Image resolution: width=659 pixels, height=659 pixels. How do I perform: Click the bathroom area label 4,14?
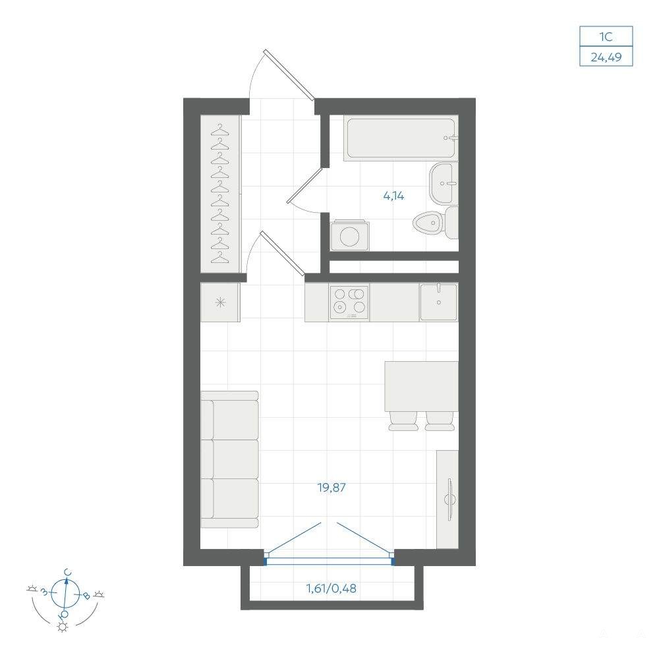click(393, 196)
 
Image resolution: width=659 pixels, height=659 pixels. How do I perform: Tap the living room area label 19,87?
click(331, 488)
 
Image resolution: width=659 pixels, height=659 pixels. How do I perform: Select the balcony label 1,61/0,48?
click(331, 588)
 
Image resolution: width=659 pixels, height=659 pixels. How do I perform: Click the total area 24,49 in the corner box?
click(606, 57)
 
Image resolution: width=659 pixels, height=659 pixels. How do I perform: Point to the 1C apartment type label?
click(606, 37)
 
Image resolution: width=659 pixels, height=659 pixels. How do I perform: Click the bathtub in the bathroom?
click(400, 138)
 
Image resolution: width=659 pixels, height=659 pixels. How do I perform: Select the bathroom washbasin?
click(444, 183)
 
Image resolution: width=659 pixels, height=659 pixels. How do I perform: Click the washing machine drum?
click(350, 236)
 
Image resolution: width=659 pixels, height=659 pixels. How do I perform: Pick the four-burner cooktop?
click(349, 302)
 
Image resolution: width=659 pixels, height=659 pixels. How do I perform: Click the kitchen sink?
click(438, 302)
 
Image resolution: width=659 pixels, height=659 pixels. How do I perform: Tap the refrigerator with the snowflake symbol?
click(220, 302)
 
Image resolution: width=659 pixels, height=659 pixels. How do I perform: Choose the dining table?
click(421, 386)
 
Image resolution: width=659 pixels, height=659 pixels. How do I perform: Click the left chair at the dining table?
click(403, 421)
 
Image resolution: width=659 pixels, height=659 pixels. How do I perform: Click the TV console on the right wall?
click(447, 500)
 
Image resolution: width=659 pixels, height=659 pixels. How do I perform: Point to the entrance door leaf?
click(289, 75)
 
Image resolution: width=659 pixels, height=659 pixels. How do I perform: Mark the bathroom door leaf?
click(304, 185)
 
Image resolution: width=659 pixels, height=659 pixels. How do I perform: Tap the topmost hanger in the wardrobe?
click(220, 130)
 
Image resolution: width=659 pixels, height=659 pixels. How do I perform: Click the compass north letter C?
click(67, 573)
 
